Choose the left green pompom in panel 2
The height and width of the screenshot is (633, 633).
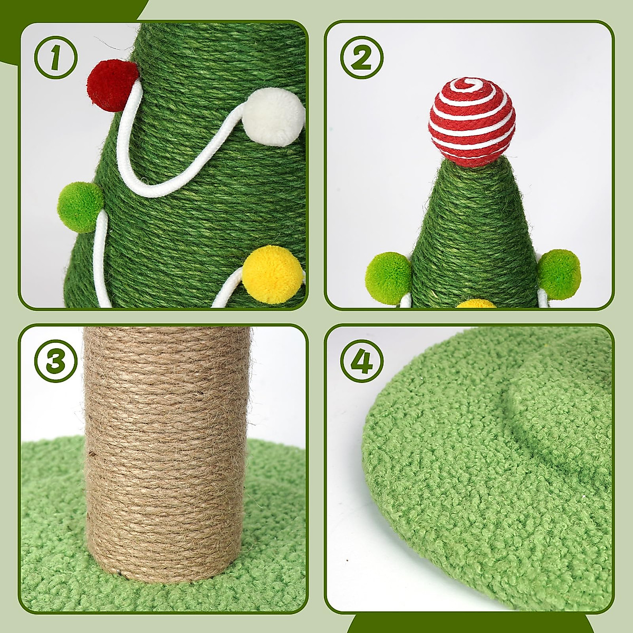click(389, 279)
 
